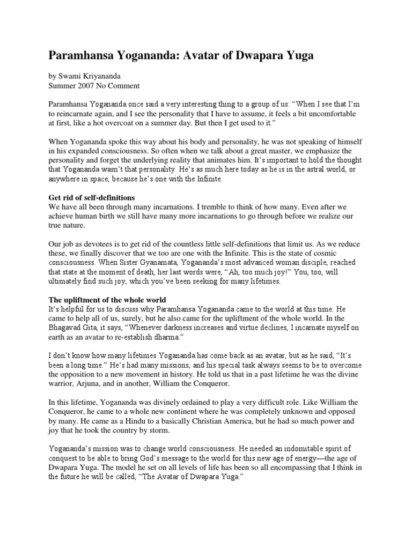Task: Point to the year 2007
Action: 89,85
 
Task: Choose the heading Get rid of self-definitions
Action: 92,198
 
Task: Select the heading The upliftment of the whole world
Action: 107,300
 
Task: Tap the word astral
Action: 307,170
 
